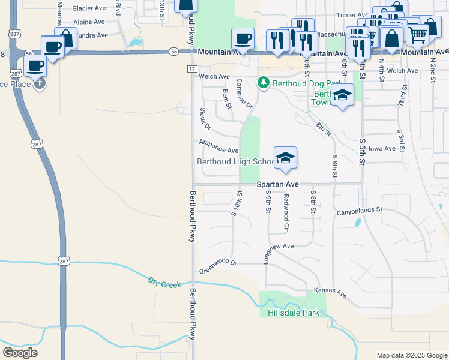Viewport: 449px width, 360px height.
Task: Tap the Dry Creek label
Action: [164, 282]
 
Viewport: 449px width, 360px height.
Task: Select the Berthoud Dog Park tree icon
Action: [263, 83]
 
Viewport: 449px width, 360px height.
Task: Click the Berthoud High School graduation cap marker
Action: [286, 157]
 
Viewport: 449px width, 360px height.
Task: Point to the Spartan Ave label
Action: [277, 184]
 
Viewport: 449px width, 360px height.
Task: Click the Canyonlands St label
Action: [359, 211]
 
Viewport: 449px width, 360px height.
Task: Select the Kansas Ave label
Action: [330, 293]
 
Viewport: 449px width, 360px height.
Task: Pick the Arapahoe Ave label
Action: [218, 147]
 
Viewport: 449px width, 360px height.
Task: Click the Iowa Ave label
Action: [382, 148]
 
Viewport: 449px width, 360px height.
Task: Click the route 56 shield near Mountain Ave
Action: [173, 52]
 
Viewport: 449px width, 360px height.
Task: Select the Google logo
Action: [20, 353]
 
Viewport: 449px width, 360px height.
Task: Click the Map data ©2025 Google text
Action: [411, 355]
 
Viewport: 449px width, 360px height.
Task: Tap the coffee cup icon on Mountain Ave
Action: [243, 38]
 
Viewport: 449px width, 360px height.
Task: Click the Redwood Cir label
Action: [286, 214]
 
